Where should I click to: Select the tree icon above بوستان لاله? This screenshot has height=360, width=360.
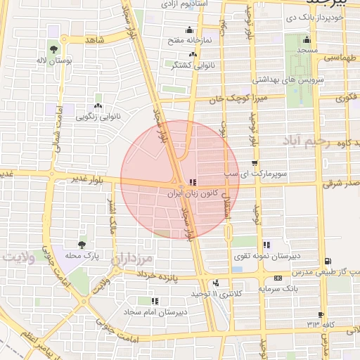pyautogui.click(x=54, y=49)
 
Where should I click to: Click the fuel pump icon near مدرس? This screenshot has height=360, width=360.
pyautogui.click(x=328, y=262)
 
